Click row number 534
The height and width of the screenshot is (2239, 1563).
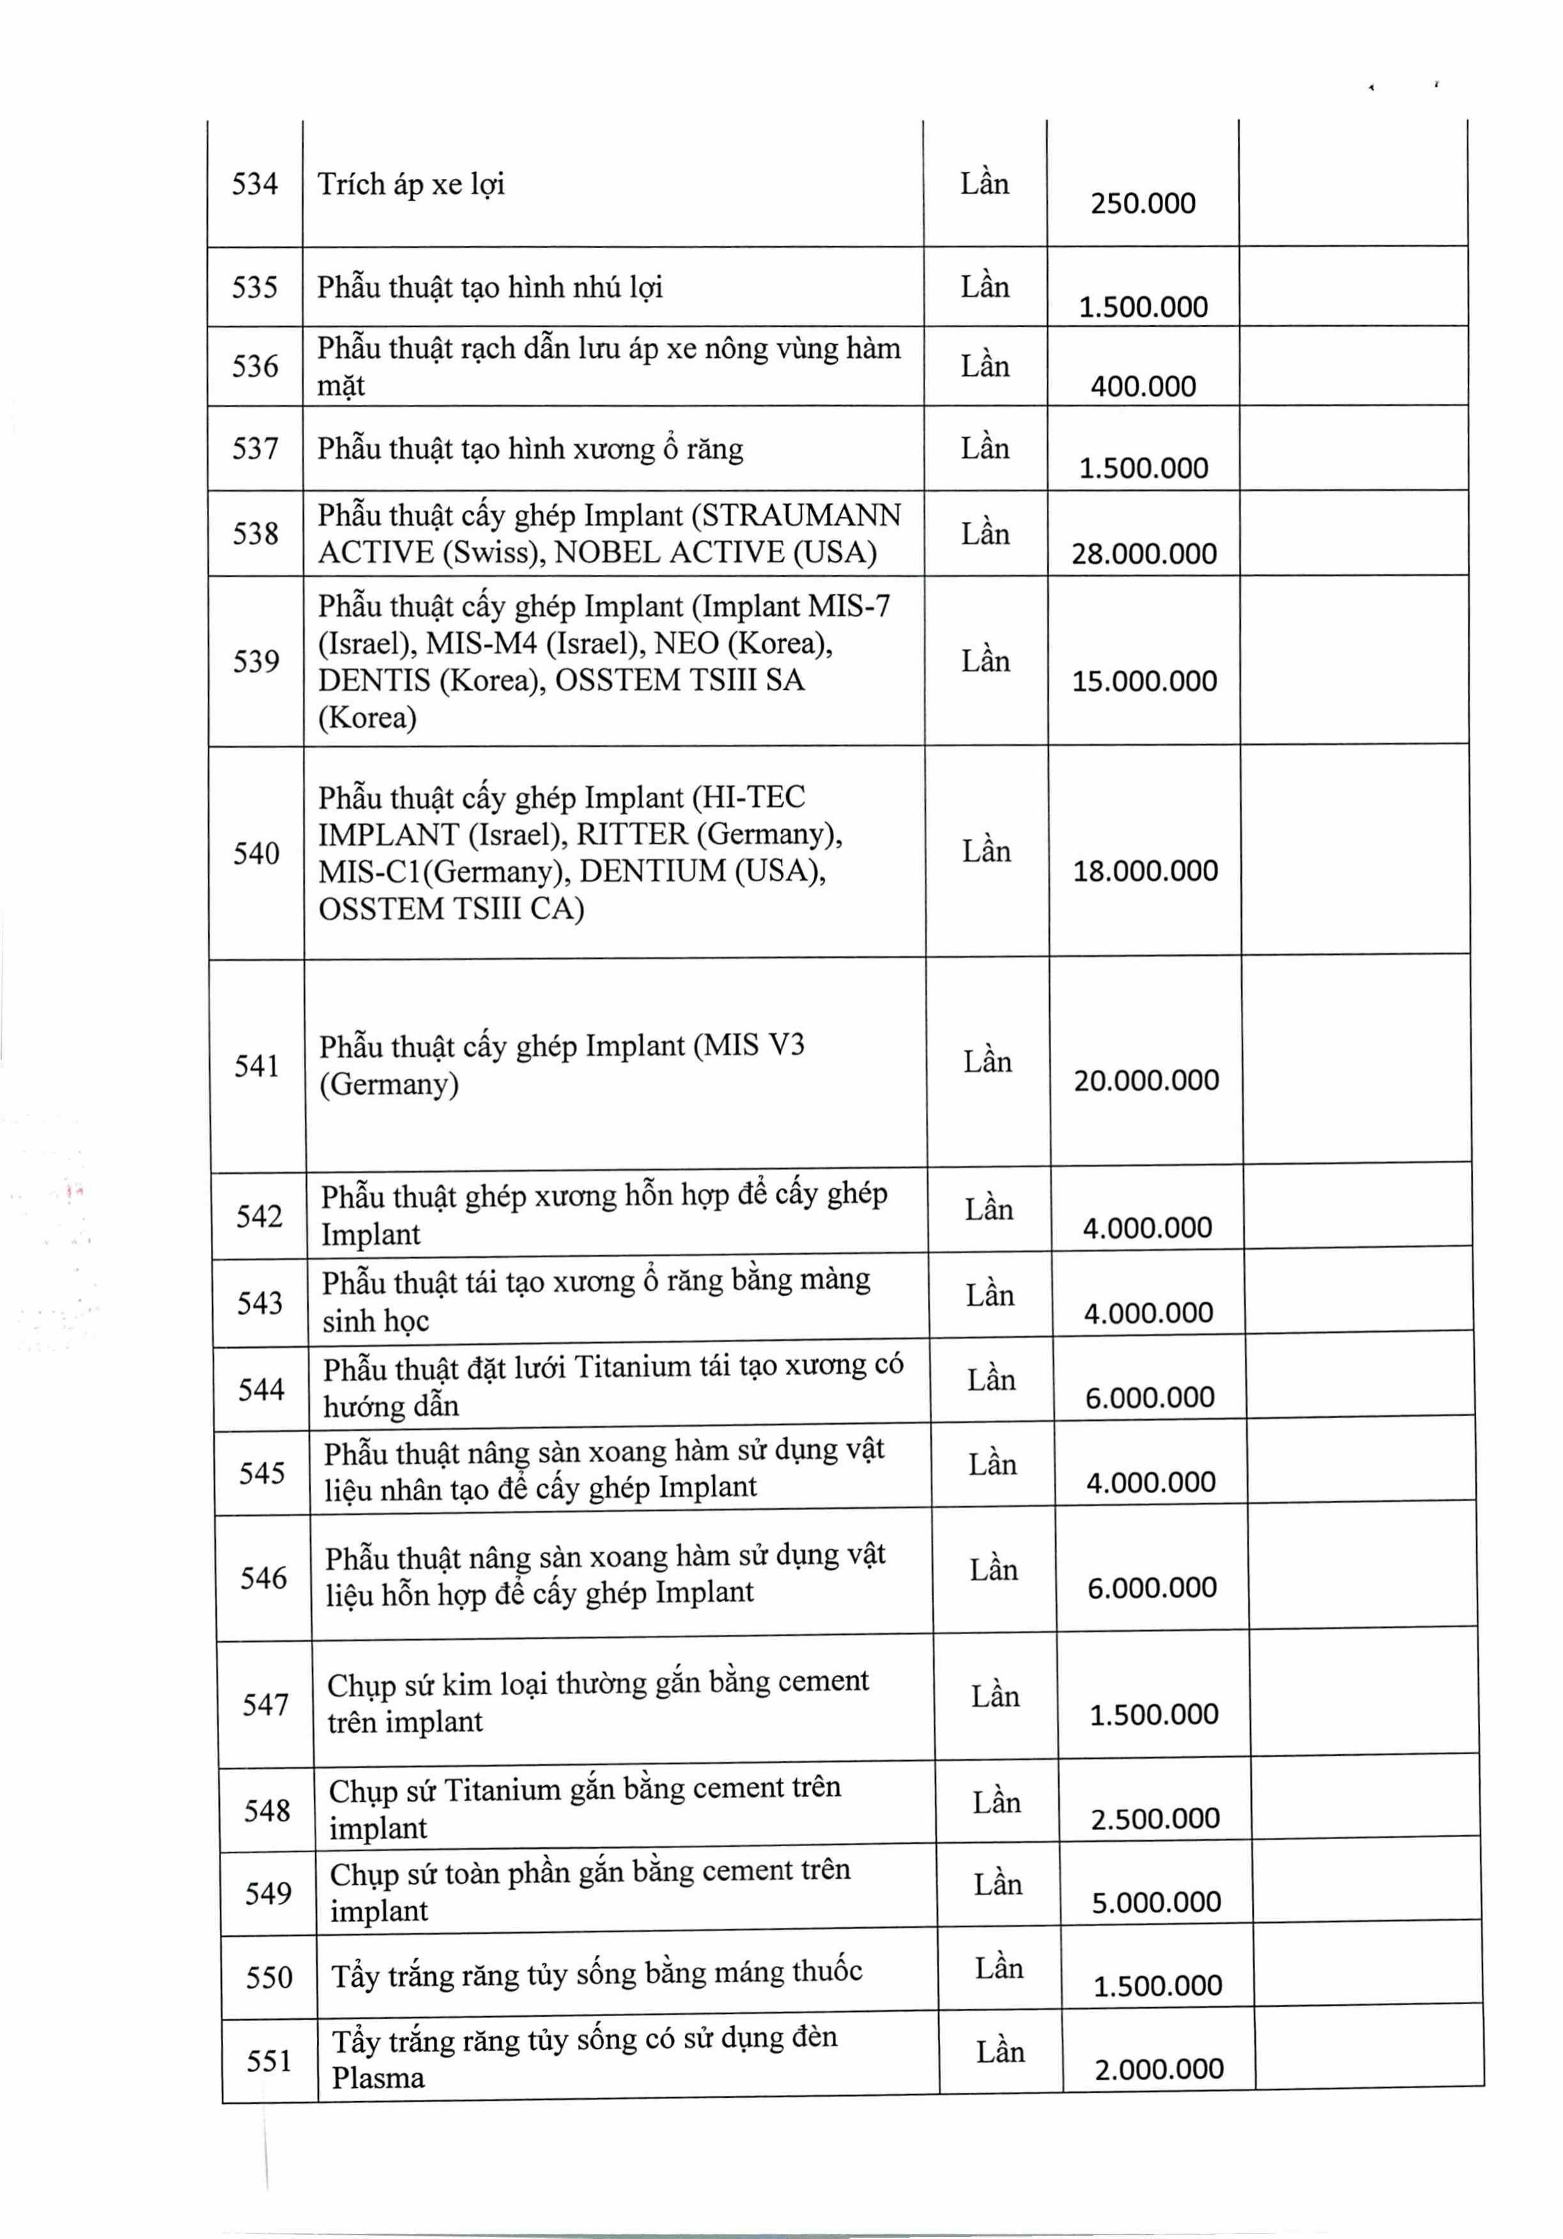click(255, 183)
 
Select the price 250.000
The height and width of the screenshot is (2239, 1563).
click(1143, 204)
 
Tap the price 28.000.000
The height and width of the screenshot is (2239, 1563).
click(1143, 554)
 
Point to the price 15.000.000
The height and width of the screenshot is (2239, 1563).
click(1144, 681)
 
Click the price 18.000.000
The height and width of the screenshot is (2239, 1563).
click(1146, 871)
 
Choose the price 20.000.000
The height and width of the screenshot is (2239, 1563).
click(1146, 1080)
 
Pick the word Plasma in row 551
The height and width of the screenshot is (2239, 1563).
click(378, 2078)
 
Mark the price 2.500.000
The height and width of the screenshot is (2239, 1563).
click(1155, 1819)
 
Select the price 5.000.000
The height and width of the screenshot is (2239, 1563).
click(1156, 1902)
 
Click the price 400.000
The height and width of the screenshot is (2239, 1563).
click(1143, 387)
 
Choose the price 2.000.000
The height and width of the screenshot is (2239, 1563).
click(1158, 2069)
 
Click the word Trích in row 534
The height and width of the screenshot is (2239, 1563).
click(351, 183)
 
